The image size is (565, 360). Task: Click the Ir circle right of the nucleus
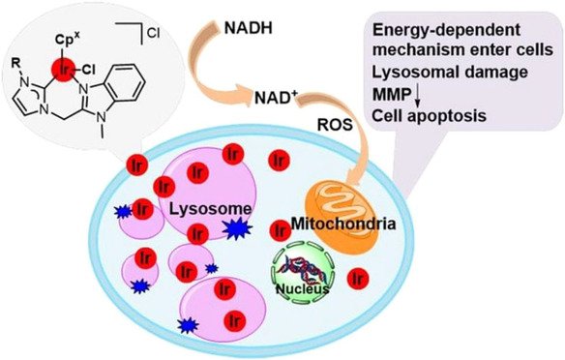point(357,278)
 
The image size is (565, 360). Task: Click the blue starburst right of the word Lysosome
point(238,227)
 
